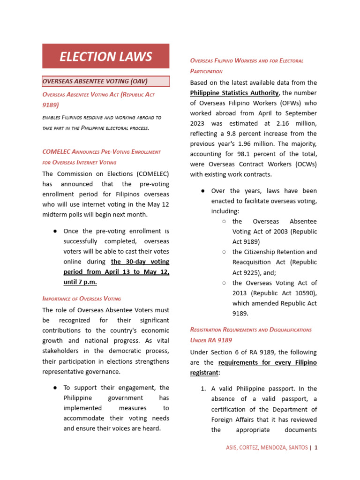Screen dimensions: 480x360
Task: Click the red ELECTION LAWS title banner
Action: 105,56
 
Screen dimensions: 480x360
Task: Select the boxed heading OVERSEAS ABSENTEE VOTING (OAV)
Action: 95,81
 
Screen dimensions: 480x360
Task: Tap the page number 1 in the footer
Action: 316,448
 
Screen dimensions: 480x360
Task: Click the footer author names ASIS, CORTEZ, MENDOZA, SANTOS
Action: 267,448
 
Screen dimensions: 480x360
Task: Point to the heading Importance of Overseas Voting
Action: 82,298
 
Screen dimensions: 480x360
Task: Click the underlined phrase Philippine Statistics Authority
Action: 234,93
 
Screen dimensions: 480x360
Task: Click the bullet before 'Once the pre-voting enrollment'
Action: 55,231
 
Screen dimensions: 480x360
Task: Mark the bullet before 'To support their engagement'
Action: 55,388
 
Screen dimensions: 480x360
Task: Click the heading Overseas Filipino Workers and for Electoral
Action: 247,61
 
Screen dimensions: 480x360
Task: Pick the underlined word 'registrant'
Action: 204,373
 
